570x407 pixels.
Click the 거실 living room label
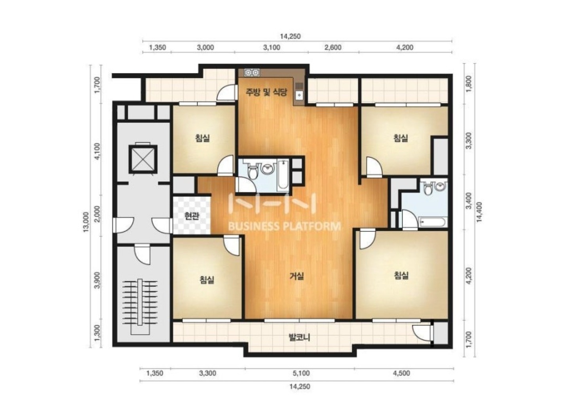pyautogui.click(x=297, y=276)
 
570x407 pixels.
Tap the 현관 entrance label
pyautogui.click(x=192, y=216)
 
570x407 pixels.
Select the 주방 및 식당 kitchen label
pyautogui.click(x=266, y=92)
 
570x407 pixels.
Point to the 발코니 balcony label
pyautogui.click(x=299, y=337)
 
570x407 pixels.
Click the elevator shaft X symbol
pyautogui.click(x=143, y=159)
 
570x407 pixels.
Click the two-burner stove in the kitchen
pyautogui.click(x=252, y=73)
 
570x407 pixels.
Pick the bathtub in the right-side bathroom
pyautogui.click(x=432, y=222)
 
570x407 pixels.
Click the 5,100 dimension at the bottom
pyautogui.click(x=301, y=373)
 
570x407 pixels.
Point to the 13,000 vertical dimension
pyautogui.click(x=86, y=222)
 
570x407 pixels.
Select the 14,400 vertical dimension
pyautogui.click(x=479, y=212)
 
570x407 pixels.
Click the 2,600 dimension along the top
pyautogui.click(x=333, y=47)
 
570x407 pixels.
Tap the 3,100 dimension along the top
pyautogui.click(x=272, y=47)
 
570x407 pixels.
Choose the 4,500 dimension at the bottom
pyautogui.click(x=401, y=373)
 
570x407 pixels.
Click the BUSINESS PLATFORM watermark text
pyautogui.click(x=284, y=226)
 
